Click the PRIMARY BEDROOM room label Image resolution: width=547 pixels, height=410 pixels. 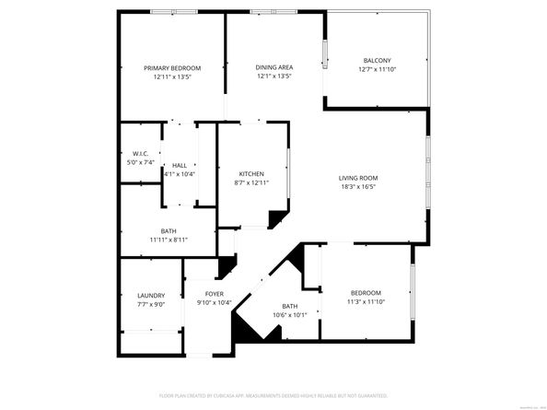click(x=172, y=68)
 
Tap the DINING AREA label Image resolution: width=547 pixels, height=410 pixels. click(x=273, y=68)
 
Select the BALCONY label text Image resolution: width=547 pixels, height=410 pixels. click(x=377, y=61)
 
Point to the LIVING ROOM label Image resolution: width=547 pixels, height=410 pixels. click(x=358, y=178)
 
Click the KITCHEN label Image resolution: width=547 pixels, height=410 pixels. click(x=251, y=174)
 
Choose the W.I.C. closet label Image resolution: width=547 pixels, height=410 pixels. click(x=141, y=154)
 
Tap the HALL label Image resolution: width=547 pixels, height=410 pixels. click(x=179, y=165)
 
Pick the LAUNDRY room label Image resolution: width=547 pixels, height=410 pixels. click(x=150, y=296)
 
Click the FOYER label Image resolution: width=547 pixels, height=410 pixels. click(x=215, y=295)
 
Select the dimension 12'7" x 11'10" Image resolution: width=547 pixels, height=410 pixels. click(x=377, y=70)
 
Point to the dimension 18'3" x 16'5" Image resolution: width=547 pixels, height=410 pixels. click(x=358, y=187)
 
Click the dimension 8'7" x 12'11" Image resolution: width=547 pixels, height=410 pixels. click(x=251, y=183)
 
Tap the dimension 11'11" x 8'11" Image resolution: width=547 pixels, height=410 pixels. click(x=169, y=240)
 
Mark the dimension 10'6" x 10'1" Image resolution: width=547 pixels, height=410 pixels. click(x=290, y=315)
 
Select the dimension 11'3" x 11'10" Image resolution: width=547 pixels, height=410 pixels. click(x=366, y=302)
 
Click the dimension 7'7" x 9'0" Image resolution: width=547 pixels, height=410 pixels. click(x=150, y=305)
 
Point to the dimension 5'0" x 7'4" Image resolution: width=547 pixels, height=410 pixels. click(x=141, y=163)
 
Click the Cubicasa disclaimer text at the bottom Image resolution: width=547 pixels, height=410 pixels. click(x=273, y=395)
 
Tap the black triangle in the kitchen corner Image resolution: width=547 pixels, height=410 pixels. click(x=275, y=218)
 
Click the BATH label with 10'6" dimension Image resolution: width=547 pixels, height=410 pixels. click(x=290, y=306)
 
